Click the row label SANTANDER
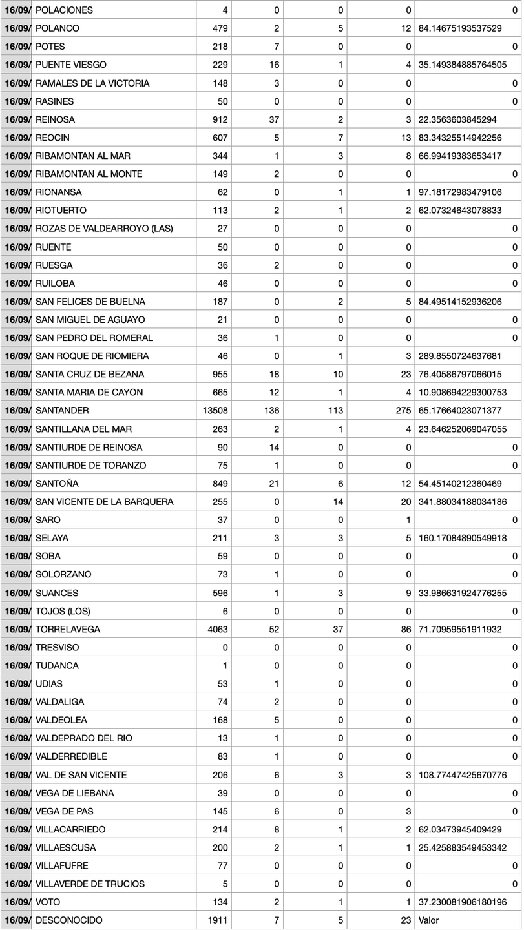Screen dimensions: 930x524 pos(62,411)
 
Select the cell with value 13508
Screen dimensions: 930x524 pos(217,411)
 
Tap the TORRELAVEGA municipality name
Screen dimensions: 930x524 pos(68,629)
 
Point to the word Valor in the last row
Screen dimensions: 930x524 pos(429,920)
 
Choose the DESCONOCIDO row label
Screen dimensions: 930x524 pos(68,920)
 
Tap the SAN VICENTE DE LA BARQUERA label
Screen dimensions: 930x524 pos(105,502)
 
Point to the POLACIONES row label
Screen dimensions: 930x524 pos(64,10)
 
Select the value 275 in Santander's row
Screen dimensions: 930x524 pos(403,411)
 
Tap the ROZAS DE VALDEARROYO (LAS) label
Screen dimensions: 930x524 pos(104,229)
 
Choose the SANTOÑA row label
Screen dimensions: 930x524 pos(58,484)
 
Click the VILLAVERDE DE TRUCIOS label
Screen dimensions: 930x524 pos(90,883)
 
